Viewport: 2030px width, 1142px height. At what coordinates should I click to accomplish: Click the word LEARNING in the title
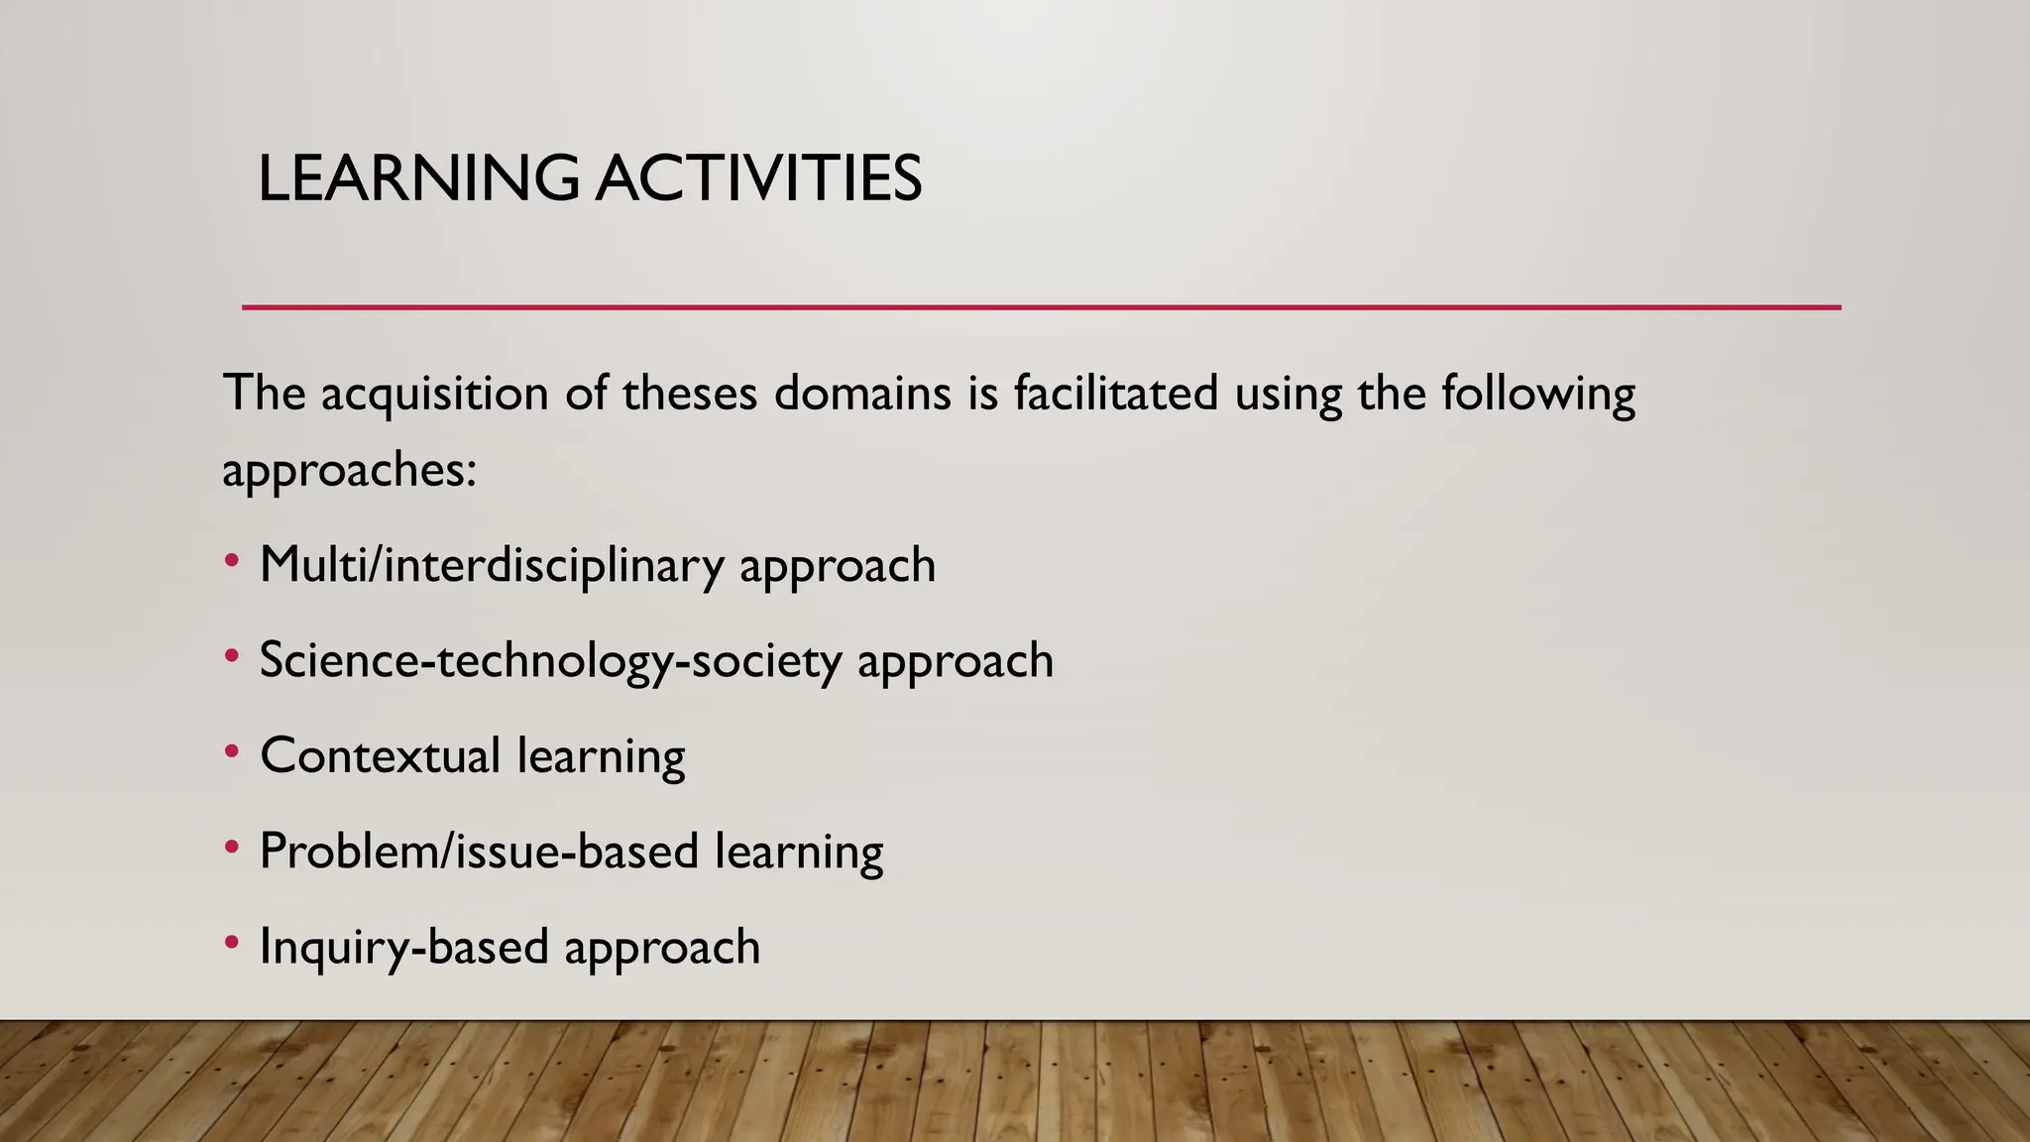coord(417,179)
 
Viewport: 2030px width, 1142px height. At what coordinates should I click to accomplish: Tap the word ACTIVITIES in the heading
coord(758,179)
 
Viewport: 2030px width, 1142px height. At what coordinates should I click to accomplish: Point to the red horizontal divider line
coord(1041,307)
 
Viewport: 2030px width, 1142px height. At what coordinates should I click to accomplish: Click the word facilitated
coord(1115,394)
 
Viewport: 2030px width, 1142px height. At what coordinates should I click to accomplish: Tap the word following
coord(1537,394)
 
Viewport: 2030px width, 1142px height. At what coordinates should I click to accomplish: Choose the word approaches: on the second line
coord(349,470)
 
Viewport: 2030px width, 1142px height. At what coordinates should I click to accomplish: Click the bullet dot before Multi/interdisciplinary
coord(232,561)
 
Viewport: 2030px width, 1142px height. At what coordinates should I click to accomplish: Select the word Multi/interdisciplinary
coord(492,566)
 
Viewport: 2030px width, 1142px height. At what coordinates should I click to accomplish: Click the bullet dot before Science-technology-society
coord(232,656)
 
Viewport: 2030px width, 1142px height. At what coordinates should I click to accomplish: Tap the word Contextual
coord(380,756)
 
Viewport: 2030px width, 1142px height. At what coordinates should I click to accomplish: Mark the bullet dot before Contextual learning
coord(232,751)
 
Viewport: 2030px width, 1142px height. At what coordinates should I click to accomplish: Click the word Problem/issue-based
coord(479,852)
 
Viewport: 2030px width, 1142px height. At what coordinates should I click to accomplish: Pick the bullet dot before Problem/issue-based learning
coord(232,847)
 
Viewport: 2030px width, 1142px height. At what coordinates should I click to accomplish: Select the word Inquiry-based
coord(403,948)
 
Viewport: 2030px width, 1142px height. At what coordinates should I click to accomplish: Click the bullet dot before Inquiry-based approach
coord(232,942)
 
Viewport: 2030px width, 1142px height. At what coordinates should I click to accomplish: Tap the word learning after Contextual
coord(601,756)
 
